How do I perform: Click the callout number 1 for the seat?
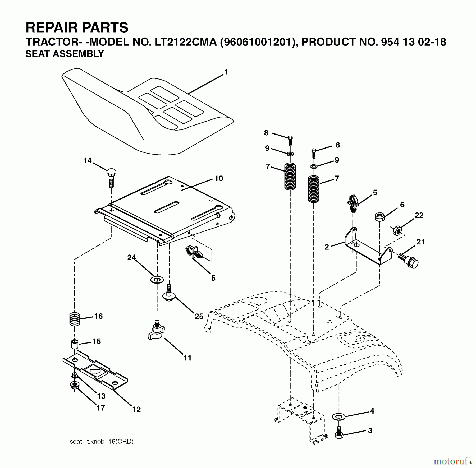[x=226, y=72]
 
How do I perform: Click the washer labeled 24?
[x=157, y=279]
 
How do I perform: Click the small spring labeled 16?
[x=75, y=319]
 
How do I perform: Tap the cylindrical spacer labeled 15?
[x=75, y=345]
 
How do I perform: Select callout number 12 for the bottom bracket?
[x=136, y=409]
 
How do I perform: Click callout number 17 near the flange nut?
[x=101, y=408]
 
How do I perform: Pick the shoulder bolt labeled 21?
[x=409, y=261]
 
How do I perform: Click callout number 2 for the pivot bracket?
[x=327, y=247]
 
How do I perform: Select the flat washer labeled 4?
[x=339, y=417]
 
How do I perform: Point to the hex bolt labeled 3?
[x=339, y=432]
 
